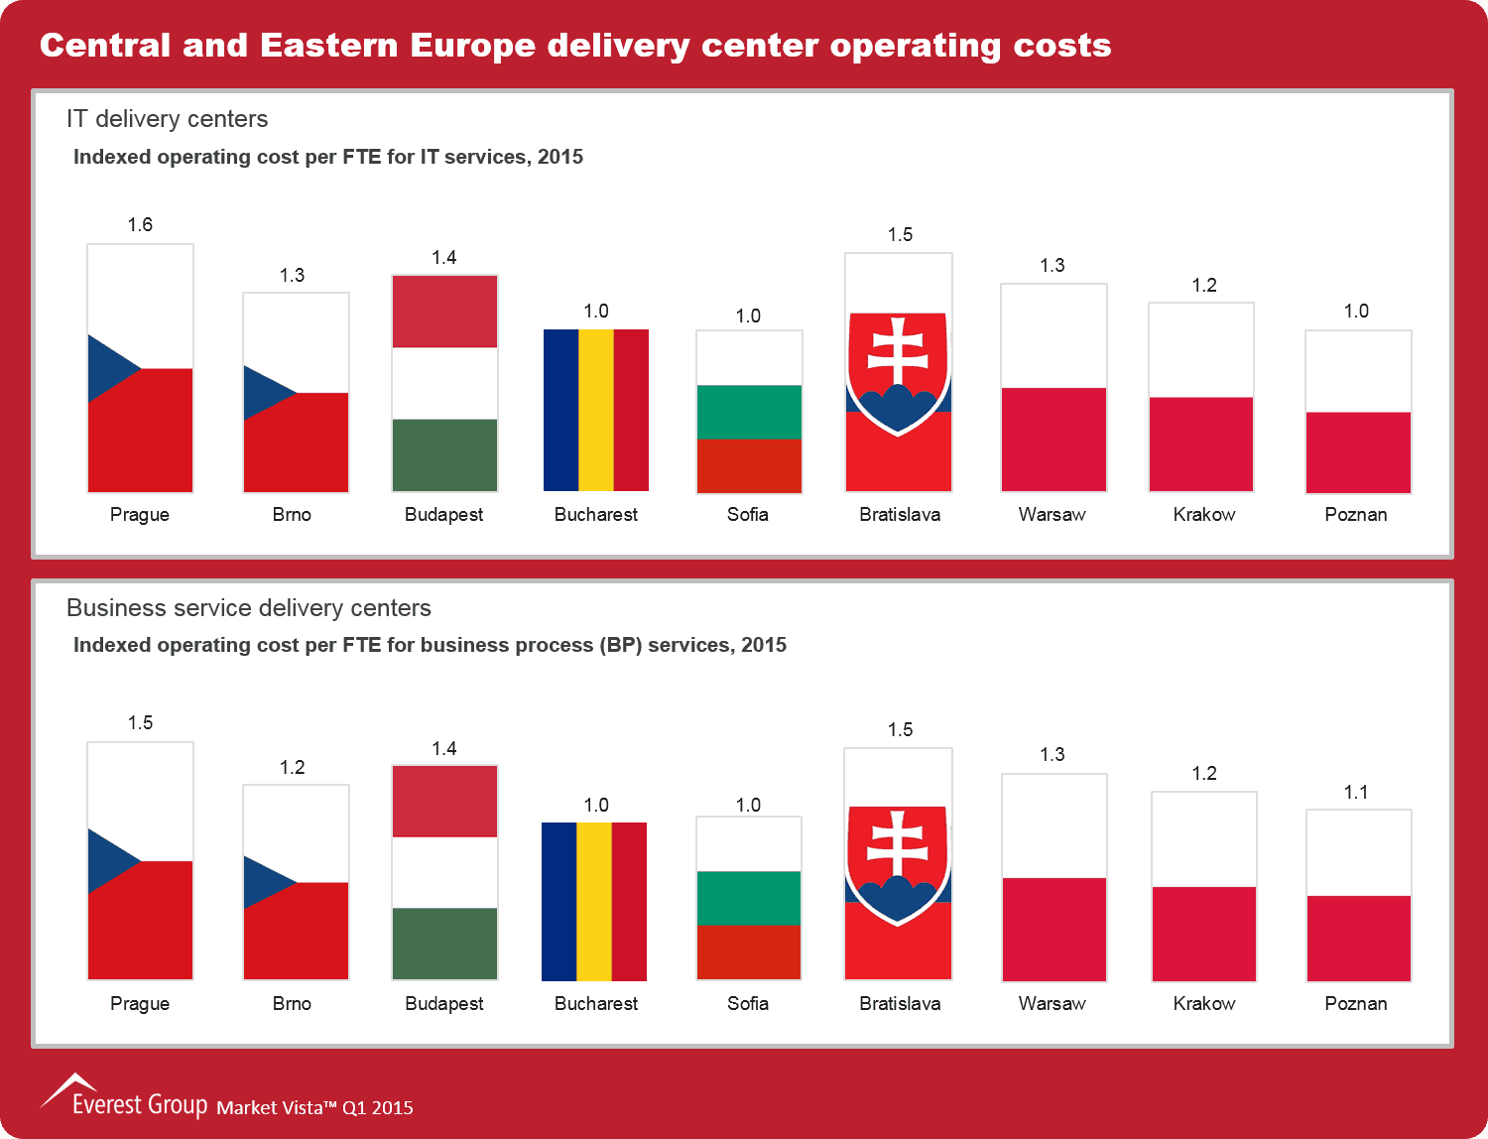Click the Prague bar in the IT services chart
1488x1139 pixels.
pos(140,368)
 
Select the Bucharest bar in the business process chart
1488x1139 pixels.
pos(594,901)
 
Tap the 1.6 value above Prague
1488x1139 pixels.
pos(140,225)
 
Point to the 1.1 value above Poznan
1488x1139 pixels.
pos(1356,792)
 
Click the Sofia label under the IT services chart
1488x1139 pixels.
pos(748,514)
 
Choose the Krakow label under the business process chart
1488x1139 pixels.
pos(1204,1003)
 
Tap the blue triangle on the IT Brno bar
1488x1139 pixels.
pos(263,392)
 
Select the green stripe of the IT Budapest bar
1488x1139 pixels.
pos(444,454)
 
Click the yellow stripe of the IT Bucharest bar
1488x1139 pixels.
pos(596,410)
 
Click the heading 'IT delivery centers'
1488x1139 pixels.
pos(167,119)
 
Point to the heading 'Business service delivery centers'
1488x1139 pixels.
pos(249,608)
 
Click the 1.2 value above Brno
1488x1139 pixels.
pos(293,767)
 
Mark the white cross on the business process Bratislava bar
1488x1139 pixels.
pos(898,844)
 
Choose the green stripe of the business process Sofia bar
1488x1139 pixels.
pos(749,898)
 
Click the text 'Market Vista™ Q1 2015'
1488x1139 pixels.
pos(314,1107)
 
